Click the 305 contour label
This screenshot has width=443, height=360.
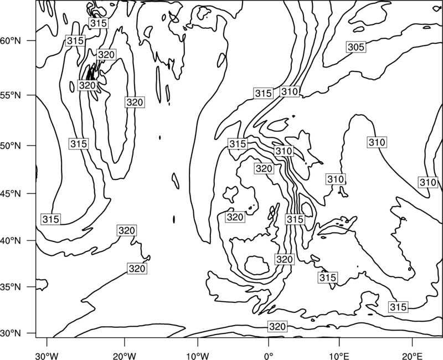(356, 47)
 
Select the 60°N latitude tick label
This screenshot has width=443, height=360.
(11, 41)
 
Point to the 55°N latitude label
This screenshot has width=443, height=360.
(11, 95)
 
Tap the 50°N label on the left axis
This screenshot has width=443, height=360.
(11, 146)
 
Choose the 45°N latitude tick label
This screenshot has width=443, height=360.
(11, 193)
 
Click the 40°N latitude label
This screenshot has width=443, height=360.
(11, 241)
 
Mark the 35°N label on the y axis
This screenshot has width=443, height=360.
(11, 287)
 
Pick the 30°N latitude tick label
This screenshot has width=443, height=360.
(11, 333)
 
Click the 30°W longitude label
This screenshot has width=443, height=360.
(47, 356)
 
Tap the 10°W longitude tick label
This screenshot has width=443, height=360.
(198, 356)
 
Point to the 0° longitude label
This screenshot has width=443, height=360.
(269, 356)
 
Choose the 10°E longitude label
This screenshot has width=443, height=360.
(339, 356)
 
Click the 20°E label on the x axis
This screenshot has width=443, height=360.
(412, 356)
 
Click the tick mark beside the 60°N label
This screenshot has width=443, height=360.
(32, 40)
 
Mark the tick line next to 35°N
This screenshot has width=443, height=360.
(32, 287)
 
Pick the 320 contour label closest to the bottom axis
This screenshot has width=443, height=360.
(277, 326)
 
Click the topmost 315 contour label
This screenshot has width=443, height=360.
(99, 23)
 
